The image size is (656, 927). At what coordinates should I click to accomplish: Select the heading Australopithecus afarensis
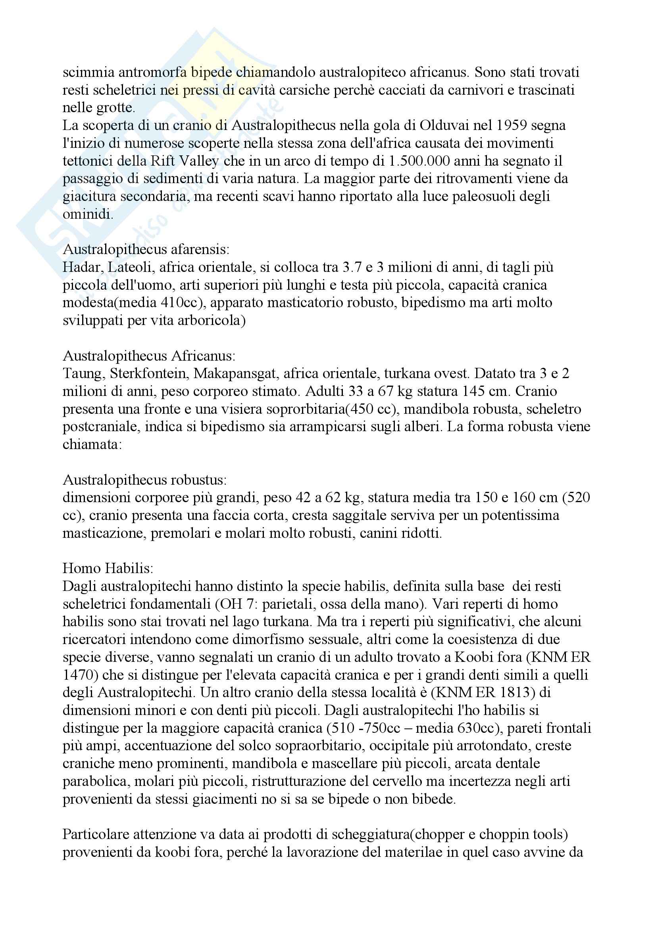click(146, 250)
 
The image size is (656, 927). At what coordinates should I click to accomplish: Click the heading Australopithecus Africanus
click(149, 356)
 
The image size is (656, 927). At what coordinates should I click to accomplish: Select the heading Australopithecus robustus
click(145, 480)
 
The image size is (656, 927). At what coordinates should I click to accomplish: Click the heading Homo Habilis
click(108, 568)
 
